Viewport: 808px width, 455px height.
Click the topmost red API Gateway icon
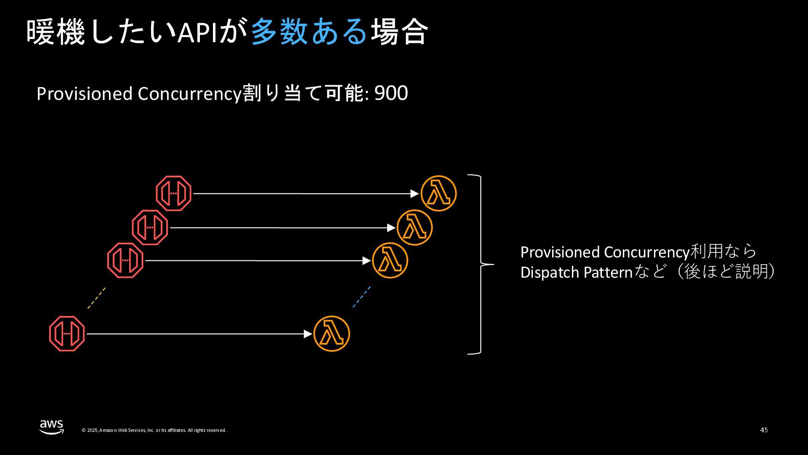click(x=174, y=193)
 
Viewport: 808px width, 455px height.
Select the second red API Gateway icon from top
click(x=150, y=227)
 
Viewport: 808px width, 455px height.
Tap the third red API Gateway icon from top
click(x=125, y=260)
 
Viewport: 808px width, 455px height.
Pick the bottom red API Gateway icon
click(x=67, y=334)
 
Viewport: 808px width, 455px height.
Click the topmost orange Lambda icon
click(x=439, y=193)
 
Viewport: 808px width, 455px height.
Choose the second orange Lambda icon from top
click(x=415, y=227)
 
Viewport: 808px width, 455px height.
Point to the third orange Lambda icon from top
click(x=390, y=260)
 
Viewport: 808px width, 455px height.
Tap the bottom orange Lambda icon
click(x=332, y=334)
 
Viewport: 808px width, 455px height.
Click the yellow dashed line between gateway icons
click(x=96, y=298)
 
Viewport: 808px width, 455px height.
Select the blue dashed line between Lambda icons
click(x=361, y=297)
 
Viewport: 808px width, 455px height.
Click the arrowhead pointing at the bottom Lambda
click(x=308, y=334)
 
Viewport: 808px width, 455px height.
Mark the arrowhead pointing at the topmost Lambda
click(x=415, y=193)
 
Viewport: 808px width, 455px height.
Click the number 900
click(x=391, y=94)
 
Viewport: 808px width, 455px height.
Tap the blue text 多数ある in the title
click(x=309, y=32)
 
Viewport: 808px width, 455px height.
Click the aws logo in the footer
click(x=52, y=426)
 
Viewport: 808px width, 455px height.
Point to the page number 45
click(x=764, y=430)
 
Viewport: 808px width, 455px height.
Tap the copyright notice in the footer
click(x=155, y=430)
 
